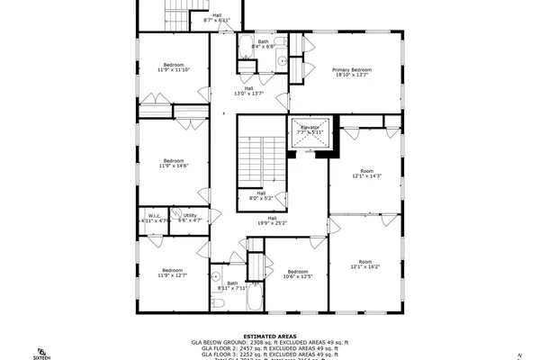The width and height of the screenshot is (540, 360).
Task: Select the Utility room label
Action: coord(190,217)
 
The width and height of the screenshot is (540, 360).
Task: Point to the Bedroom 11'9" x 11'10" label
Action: coord(173,67)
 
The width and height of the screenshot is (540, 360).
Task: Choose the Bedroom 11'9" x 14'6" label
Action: coord(173,164)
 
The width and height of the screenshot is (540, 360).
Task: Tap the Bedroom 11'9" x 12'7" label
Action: coord(173,273)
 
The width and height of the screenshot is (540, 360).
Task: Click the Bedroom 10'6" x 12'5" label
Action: coord(299,274)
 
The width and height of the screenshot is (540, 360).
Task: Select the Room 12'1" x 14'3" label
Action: coord(365,173)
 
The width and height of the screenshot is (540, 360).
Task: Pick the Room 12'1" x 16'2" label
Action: coord(365,265)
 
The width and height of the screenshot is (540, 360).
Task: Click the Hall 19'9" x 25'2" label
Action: coord(271,220)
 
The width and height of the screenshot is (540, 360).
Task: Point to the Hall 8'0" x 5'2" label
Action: coord(260,194)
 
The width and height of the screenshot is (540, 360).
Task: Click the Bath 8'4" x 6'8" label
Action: coord(263,43)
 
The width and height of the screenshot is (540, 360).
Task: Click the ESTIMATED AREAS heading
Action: coord(269,336)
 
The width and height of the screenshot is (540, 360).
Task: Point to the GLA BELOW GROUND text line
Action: coord(269,343)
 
